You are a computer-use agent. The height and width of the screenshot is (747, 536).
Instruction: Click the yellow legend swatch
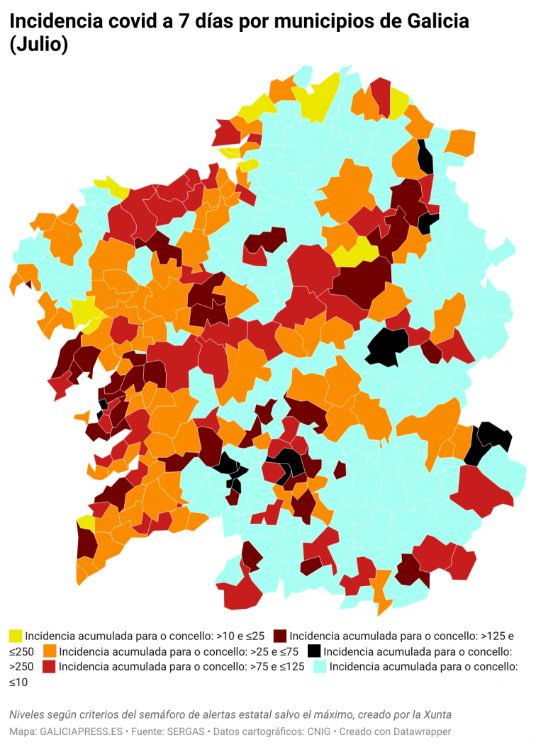(x=16, y=635)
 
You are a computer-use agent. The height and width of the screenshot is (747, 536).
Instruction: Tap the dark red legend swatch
(x=280, y=635)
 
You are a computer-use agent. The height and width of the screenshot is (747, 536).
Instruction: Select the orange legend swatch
(x=50, y=651)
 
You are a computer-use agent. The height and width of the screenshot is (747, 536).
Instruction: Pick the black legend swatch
(x=314, y=651)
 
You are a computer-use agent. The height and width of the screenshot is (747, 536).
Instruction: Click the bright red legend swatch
(x=49, y=666)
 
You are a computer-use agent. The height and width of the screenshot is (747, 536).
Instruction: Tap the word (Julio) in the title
(x=39, y=45)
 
